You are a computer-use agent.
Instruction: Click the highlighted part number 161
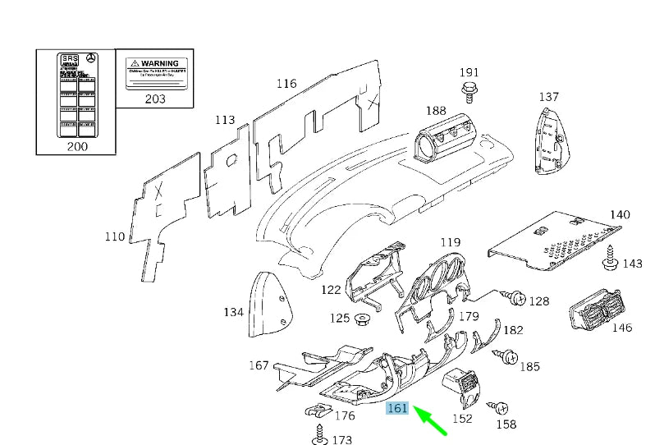tap(398, 407)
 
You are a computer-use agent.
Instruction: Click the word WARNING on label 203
tap(159, 63)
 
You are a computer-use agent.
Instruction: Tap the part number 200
tap(76, 146)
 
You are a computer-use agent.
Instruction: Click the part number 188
tap(435, 111)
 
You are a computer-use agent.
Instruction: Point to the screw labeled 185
tap(506, 356)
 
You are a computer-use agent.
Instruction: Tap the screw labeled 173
tap(317, 434)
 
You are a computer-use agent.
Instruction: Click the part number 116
tap(286, 84)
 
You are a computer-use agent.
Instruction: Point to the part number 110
tap(115, 237)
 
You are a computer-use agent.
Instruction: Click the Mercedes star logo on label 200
tap(93, 61)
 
